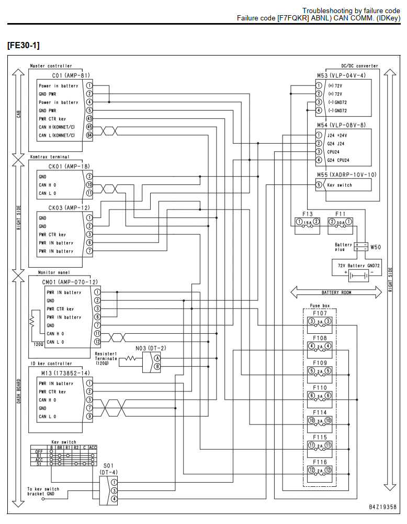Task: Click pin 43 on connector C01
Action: pyautogui.click(x=89, y=118)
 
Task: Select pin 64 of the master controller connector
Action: pyautogui.click(x=89, y=135)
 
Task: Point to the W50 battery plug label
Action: pyautogui.click(x=376, y=247)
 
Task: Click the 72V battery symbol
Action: pyautogui.click(x=359, y=276)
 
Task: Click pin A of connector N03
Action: pyautogui.click(x=157, y=358)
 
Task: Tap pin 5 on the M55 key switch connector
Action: pyautogui.click(x=319, y=185)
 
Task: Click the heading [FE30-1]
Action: pyautogui.click(x=24, y=45)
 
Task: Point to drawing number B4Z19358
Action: pyautogui.click(x=382, y=507)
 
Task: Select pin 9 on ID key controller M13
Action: pyautogui.click(x=89, y=417)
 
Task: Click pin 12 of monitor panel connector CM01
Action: pyautogui.click(x=97, y=342)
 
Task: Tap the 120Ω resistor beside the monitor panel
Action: pyautogui.click(x=32, y=322)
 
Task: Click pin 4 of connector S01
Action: pyautogui.click(x=114, y=499)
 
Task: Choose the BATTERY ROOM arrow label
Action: pyautogui.click(x=336, y=292)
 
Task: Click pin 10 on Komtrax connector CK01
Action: pyautogui.click(x=89, y=185)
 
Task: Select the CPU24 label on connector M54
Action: pyautogui.click(x=333, y=152)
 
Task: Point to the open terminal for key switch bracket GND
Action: pyautogui.click(x=43, y=499)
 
